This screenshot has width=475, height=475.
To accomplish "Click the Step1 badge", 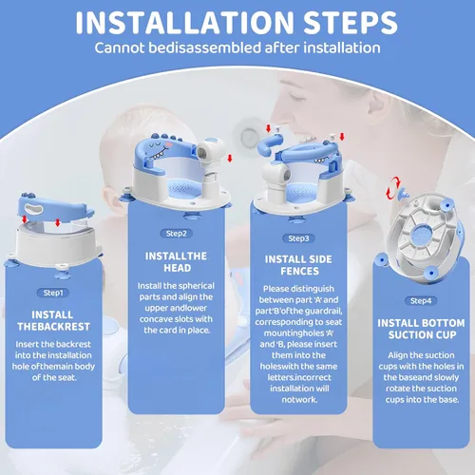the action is tap(53, 293).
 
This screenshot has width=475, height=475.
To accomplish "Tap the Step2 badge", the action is tap(177, 234).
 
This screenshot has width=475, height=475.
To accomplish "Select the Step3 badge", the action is tap(298, 238).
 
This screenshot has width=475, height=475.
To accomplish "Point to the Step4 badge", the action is tap(421, 301).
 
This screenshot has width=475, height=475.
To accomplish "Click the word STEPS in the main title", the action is tap(351, 23).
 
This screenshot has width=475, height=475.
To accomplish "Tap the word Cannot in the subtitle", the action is tap(120, 48).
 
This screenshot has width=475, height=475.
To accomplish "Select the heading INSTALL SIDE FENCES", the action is tap(298, 265).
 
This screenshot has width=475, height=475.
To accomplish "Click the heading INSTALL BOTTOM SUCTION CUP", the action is tap(421, 329).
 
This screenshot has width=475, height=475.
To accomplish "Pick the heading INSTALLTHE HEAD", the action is tap(177, 262).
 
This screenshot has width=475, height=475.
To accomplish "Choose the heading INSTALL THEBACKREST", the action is tap(53, 320).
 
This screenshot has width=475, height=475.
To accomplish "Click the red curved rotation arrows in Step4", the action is tap(393, 188).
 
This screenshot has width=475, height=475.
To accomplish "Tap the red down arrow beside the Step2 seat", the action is tap(230, 159).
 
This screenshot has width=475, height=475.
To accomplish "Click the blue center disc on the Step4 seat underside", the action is tap(423, 235).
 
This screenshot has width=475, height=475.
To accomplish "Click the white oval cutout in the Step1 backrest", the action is tap(34, 208).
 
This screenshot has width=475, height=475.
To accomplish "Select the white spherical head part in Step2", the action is tap(211, 150).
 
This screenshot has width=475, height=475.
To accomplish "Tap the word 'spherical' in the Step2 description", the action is tap(197, 286).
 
